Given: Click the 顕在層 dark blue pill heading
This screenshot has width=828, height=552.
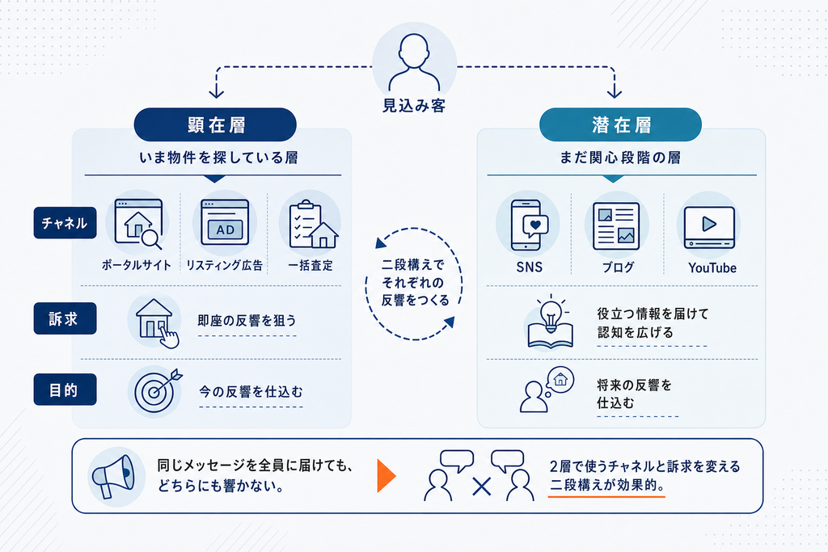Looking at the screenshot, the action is tap(215, 124).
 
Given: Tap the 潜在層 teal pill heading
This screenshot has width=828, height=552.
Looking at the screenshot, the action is tap(620, 124).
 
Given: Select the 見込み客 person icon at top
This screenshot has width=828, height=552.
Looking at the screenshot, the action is tap(414, 62).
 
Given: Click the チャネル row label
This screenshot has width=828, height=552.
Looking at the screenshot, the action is tap(65, 223).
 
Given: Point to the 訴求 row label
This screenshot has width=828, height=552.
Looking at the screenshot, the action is tap(65, 318).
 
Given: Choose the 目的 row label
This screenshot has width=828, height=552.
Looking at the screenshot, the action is tap(65, 390).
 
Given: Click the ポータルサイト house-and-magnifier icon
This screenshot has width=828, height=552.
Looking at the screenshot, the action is tap(138, 224).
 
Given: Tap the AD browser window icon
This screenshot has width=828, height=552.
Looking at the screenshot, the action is tap(225, 222).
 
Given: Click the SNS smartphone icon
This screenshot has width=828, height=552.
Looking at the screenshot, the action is tap(529, 225).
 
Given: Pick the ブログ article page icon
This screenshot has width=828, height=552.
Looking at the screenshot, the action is tap(616, 225).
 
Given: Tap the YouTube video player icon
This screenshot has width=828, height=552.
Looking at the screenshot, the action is tap(709, 227).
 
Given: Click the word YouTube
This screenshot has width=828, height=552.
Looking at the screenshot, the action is tap(712, 268).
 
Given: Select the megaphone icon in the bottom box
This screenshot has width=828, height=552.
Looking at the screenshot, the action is tap(113, 476).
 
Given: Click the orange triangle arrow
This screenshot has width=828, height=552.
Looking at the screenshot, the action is tap(386, 475).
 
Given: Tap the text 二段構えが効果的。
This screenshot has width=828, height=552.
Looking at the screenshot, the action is tap(606, 485).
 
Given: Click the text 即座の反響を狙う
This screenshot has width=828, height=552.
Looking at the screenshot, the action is tap(247, 320).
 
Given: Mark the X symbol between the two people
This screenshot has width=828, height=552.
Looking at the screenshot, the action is tap(482, 487).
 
